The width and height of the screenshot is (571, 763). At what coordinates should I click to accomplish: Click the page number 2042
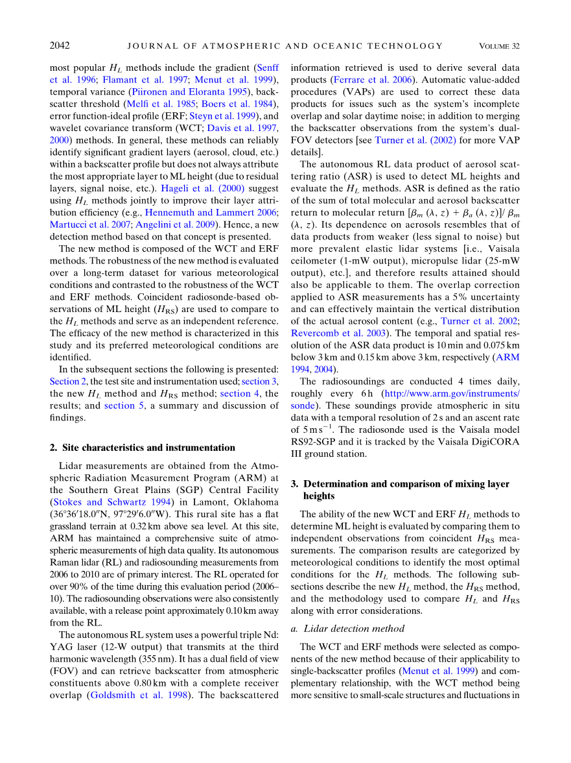coord(60,45)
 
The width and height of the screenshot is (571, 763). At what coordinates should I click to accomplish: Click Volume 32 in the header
coord(499,46)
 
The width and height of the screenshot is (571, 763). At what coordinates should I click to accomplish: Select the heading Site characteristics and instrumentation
coord(143,448)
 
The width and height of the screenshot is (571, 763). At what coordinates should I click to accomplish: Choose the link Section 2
coord(68,381)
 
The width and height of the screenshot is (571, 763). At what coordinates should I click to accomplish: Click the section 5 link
coord(120,406)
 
